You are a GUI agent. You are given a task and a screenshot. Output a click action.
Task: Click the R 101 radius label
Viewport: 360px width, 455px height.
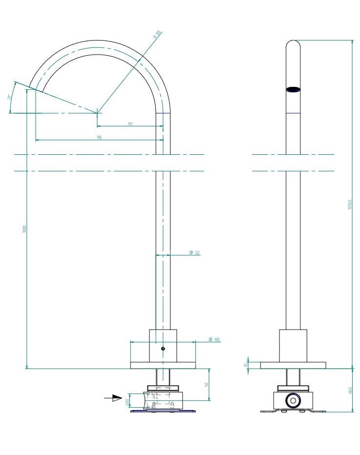[157, 34]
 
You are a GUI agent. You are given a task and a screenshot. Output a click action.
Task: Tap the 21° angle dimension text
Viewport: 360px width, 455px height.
[9, 97]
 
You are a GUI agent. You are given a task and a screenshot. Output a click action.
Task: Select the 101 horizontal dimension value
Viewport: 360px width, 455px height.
[130, 124]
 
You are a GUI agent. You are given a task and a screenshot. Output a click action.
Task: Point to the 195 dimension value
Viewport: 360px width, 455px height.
[99, 138]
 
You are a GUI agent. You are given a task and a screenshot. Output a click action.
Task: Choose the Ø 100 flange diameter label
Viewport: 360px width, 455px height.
[214, 339]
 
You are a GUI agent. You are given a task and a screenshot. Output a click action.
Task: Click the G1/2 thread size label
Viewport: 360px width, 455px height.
[127, 401]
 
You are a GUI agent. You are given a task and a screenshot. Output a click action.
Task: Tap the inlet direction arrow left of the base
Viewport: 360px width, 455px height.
[113, 398]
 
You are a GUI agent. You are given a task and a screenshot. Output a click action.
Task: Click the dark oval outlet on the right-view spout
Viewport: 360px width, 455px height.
[293, 89]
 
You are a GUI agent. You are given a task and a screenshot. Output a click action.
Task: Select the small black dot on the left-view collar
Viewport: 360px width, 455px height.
[163, 349]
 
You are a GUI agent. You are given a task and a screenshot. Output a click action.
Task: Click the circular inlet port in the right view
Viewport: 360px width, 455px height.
[293, 401]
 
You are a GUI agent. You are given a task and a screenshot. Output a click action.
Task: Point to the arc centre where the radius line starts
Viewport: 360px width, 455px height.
[97, 113]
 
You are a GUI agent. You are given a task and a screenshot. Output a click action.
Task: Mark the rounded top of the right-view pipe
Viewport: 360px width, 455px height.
[293, 44]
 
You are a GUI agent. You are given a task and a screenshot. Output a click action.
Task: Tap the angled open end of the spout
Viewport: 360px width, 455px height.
[36, 89]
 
